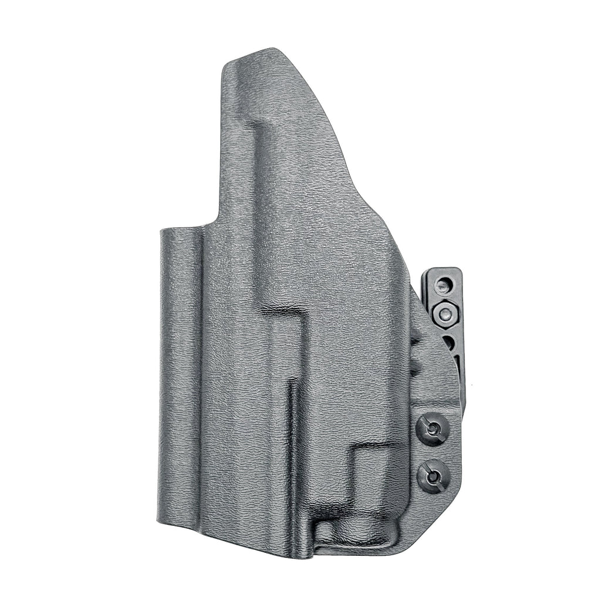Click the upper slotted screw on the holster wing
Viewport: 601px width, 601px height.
[x=433, y=430]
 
